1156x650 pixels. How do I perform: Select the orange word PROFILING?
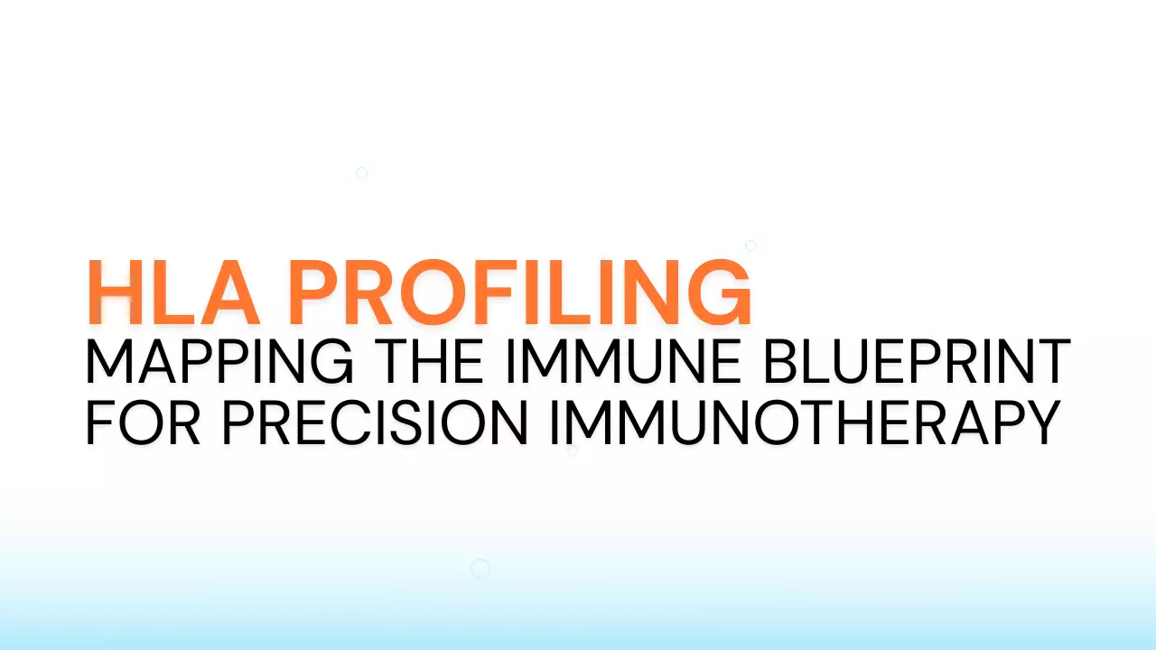point(519,293)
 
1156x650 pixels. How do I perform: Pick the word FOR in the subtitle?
point(144,422)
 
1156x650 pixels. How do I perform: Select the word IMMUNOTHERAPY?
point(804,422)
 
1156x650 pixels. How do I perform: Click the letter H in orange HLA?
point(116,293)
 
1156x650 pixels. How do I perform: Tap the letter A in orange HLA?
point(228,293)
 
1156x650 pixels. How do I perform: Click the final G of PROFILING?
point(719,293)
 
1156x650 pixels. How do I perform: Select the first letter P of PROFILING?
point(316,293)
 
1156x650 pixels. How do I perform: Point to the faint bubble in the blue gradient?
point(480,568)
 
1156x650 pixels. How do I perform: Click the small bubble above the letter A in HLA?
point(361,172)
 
